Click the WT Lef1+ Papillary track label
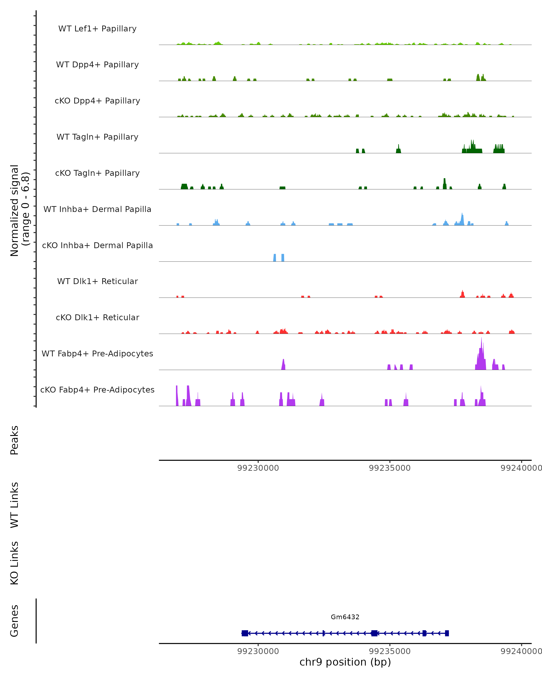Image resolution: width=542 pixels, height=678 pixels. (x=97, y=29)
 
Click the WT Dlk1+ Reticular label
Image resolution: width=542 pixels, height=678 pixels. (x=97, y=281)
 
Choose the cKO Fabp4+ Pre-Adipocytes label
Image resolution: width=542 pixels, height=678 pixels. (x=97, y=390)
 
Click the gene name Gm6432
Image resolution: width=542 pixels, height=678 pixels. (x=345, y=617)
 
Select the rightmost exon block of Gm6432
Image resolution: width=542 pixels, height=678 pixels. (x=447, y=633)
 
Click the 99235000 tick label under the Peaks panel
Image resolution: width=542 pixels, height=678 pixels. (x=390, y=468)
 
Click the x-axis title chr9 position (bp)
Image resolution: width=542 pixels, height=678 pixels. (x=345, y=662)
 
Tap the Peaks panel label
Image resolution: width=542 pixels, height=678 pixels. (x=14, y=440)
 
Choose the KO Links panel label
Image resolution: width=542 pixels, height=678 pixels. (x=14, y=563)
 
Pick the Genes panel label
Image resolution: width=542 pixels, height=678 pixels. (x=14, y=621)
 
